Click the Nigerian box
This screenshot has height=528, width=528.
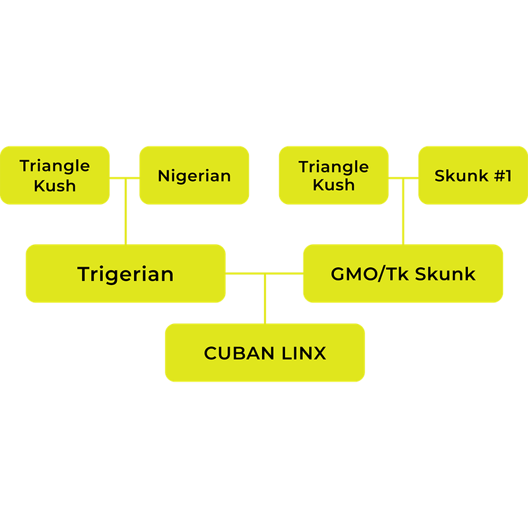194,176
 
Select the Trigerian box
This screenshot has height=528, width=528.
125,274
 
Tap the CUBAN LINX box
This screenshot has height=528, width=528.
265,353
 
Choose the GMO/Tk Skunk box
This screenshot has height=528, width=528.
403,274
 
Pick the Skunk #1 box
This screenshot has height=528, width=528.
473,176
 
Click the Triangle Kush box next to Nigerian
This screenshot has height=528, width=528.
55,176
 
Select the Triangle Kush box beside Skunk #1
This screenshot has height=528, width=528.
333,176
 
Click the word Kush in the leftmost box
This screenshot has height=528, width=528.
55,185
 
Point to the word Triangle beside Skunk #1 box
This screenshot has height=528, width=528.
333,166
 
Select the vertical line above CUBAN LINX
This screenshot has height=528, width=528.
265,300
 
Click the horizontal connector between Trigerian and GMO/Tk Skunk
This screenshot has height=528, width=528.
264,273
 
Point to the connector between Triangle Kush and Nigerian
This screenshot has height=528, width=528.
125,178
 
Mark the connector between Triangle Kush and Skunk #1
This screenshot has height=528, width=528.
403,178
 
